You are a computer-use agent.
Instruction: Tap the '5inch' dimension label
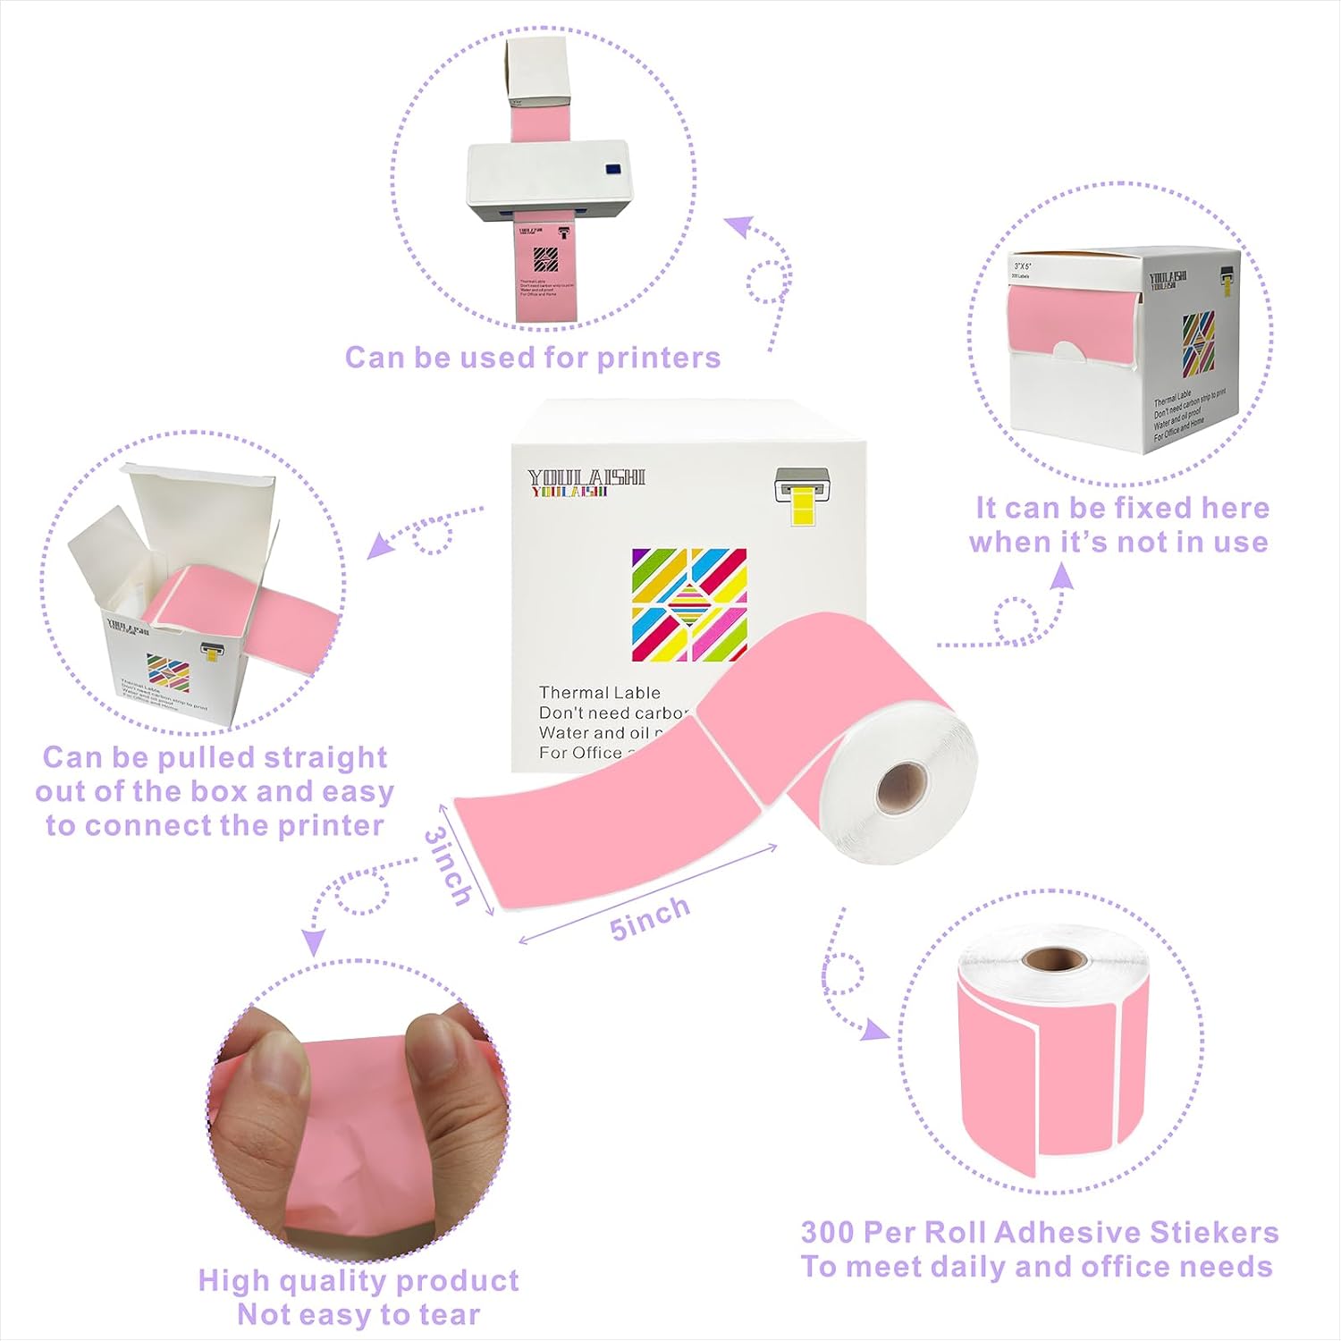tap(650, 916)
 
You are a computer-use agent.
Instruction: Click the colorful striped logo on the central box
tap(688, 604)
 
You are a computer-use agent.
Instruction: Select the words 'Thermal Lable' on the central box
tap(599, 693)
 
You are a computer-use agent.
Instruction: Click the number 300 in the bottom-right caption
tap(826, 1233)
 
